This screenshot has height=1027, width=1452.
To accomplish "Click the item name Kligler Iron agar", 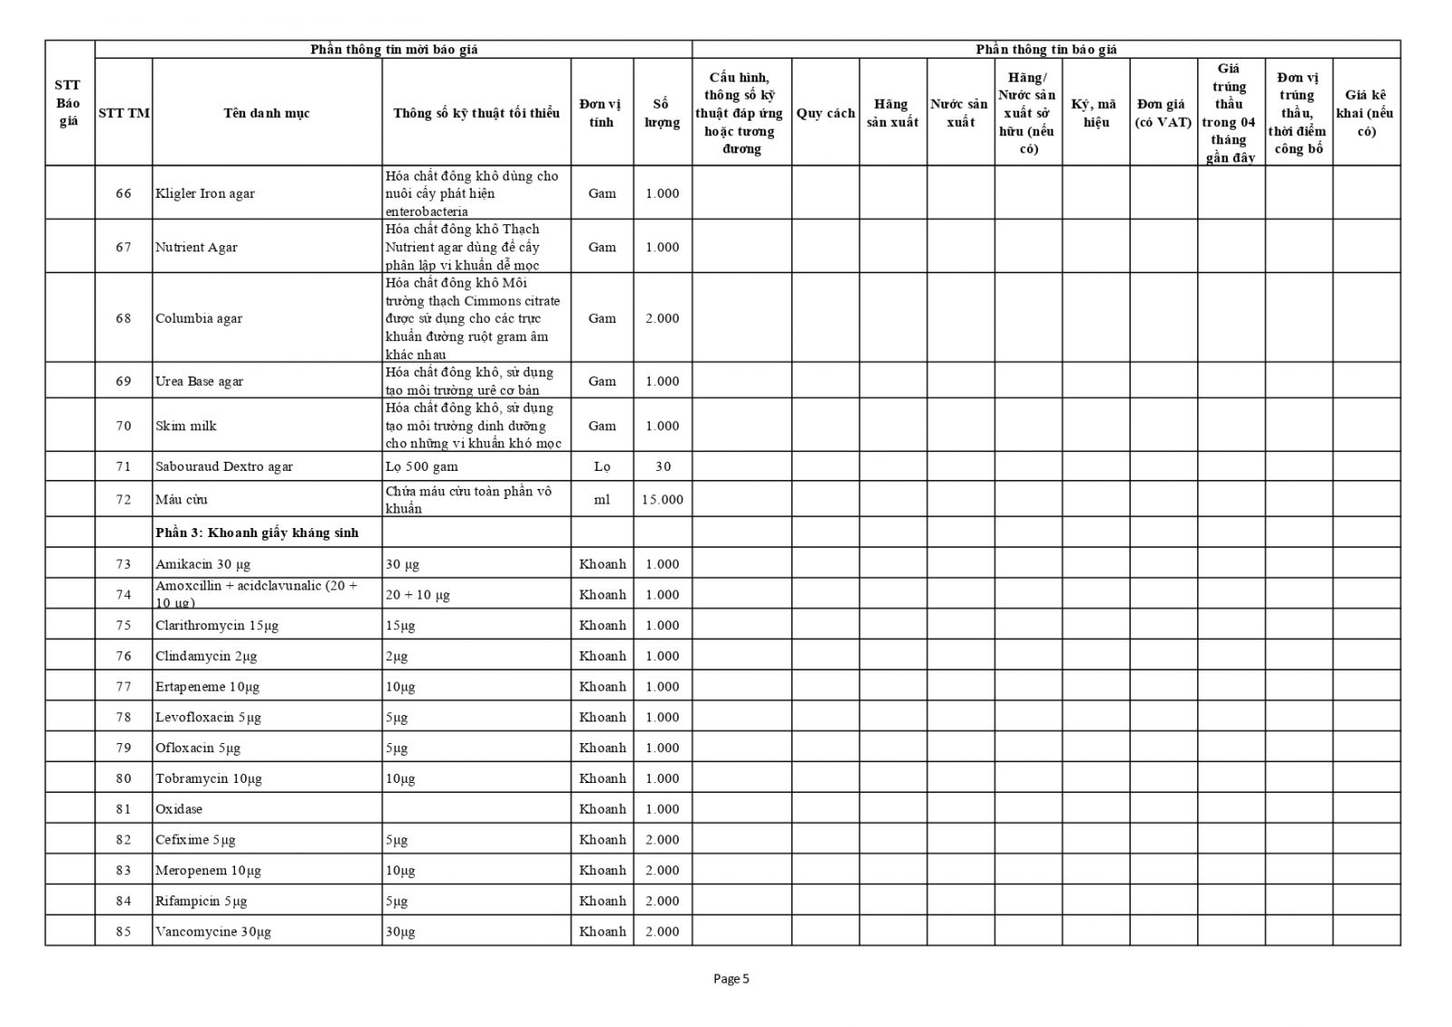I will click(x=205, y=193).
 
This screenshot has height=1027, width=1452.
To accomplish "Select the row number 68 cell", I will click(x=123, y=318).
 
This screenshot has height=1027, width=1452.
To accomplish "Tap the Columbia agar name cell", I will click(x=199, y=318).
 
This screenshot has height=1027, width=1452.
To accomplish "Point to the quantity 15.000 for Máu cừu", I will click(x=662, y=500).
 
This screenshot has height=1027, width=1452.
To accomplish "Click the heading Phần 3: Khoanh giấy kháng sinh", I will click(x=257, y=533).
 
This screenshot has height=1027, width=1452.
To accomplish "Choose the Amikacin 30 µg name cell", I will click(x=201, y=564).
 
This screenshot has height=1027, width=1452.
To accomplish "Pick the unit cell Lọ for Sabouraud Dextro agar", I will click(x=602, y=467).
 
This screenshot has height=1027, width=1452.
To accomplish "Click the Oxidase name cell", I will click(x=179, y=809).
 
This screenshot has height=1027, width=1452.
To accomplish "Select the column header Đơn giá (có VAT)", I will click(x=1163, y=113).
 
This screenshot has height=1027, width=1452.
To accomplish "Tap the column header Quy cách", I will click(x=825, y=113).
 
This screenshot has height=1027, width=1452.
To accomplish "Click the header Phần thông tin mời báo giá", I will click(x=394, y=50).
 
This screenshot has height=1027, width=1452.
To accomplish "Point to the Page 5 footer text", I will click(x=731, y=979).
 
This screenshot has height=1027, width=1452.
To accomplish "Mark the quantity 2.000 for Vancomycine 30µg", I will click(x=662, y=932).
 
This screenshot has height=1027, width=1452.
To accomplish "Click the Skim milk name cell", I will click(x=186, y=426).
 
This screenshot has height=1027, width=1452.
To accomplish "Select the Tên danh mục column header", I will click(x=267, y=113).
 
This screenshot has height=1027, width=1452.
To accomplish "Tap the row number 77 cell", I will click(x=123, y=687).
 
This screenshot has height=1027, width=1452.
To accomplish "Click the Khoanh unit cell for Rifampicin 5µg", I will click(x=603, y=901).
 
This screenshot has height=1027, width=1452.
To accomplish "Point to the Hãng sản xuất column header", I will click(x=892, y=113).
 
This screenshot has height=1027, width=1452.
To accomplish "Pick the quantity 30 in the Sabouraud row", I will click(x=662, y=467).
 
